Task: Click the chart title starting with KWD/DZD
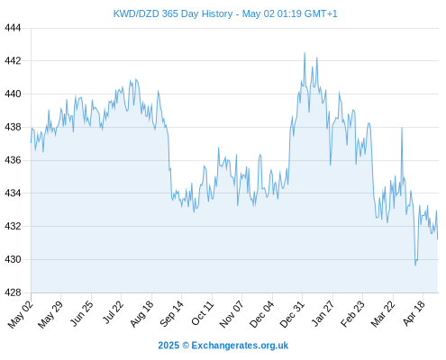coord(225,13)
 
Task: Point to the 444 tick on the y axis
coord(13,28)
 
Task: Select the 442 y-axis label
coord(13,61)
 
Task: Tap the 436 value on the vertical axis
coord(13,160)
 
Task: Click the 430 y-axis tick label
coord(13,259)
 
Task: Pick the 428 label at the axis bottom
coord(13,292)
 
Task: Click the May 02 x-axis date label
coord(20,314)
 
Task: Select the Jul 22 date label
coord(113,312)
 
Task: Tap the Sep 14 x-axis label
coord(171,313)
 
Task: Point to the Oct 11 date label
coord(203,312)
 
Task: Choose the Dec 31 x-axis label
coord(292,314)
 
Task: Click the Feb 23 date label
coord(352,313)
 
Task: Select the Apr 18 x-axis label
coord(414,313)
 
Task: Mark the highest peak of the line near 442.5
coord(305,53)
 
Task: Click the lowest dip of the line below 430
coord(415,265)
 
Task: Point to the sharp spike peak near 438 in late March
coord(402,128)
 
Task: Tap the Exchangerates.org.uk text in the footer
coord(240,346)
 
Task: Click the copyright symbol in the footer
coord(186,346)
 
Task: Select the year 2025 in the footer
coord(168,346)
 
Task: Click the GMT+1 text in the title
coord(321,13)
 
